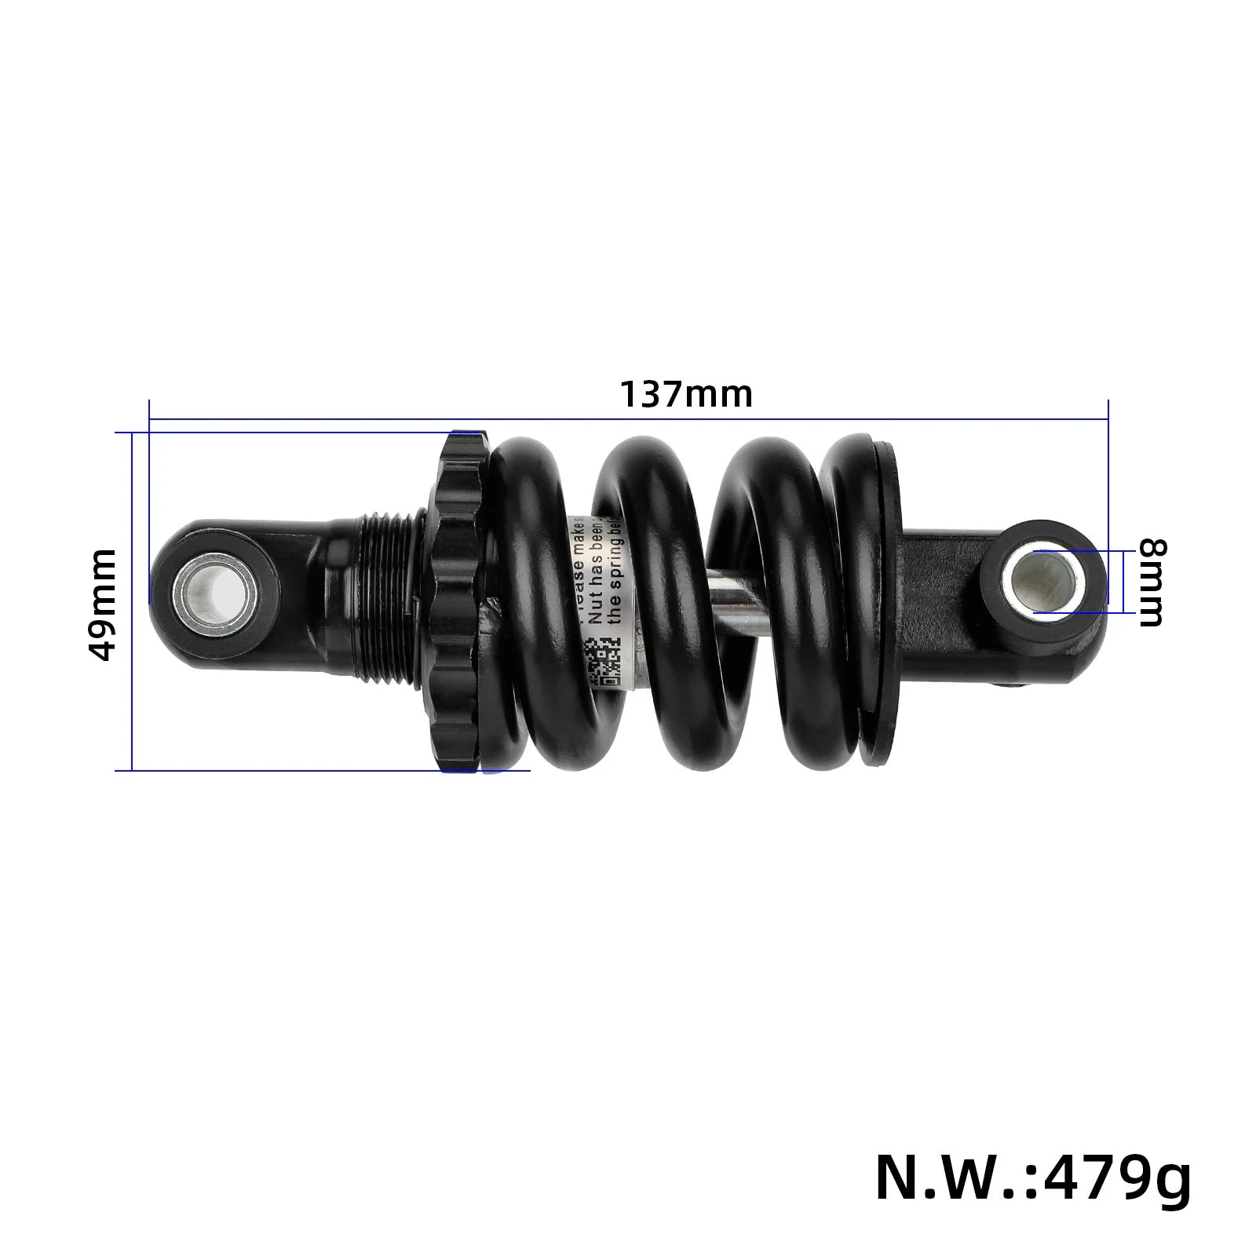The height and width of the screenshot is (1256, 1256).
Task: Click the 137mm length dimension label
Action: tap(686, 394)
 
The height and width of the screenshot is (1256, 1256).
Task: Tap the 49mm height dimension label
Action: tap(102, 604)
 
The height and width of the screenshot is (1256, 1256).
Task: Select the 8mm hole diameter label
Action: tap(1152, 582)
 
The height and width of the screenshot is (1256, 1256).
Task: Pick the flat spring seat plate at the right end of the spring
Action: tap(883, 601)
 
